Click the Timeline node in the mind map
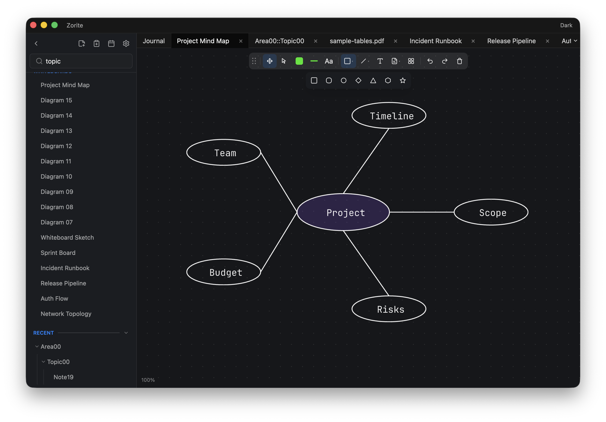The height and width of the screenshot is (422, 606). tap(389, 115)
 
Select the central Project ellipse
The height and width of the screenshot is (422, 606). tap(343, 212)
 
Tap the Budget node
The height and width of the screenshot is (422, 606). tap(224, 272)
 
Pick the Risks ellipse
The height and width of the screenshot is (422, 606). tap(389, 309)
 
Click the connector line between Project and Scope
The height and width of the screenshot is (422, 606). tap(421, 212)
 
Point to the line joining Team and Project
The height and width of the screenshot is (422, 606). tap(279, 182)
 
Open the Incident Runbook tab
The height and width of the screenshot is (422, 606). tap(436, 41)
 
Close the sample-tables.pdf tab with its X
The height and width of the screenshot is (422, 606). tap(395, 41)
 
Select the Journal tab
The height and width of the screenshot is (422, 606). tap(154, 41)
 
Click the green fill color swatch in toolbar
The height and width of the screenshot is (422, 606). tap(299, 61)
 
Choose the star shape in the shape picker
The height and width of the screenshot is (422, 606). tap(403, 80)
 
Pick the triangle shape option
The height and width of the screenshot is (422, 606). tap(373, 80)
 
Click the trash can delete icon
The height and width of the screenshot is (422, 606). tap(459, 61)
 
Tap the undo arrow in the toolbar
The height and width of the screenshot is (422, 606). tap(430, 61)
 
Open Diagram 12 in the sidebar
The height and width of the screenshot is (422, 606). tap(56, 146)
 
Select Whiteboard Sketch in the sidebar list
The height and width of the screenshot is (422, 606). tap(67, 237)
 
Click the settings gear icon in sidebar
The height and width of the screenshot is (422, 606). tap(126, 43)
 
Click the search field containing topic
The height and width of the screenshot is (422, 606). tap(81, 61)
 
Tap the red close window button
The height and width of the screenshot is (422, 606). tap(33, 25)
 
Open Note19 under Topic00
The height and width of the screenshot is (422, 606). tap(63, 377)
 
